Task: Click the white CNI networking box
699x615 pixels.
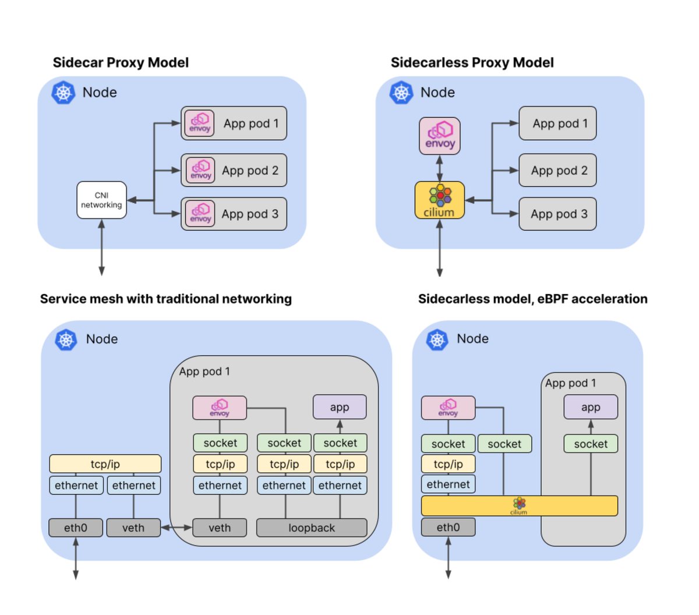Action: [x=101, y=200]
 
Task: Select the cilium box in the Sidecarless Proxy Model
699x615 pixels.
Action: [x=439, y=200]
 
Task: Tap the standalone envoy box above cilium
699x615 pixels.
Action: [x=440, y=136]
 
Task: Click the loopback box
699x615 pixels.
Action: [x=312, y=528]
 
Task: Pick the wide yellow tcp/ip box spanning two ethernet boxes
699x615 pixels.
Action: [x=105, y=464]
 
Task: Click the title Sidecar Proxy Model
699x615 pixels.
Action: [x=121, y=62]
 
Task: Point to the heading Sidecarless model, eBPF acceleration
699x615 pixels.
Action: [x=532, y=299]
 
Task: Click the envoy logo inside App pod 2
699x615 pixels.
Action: [x=201, y=170]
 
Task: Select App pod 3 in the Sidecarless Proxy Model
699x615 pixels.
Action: [x=557, y=214]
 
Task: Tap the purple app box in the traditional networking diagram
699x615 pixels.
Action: [x=340, y=407]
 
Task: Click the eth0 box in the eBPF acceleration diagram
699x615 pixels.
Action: [x=448, y=527]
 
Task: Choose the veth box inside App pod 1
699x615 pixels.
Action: [x=220, y=528]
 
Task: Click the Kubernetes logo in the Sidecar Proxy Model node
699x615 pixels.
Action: [x=63, y=93]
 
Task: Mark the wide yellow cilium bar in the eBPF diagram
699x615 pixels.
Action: [x=519, y=506]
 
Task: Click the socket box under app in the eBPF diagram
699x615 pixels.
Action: [x=591, y=444]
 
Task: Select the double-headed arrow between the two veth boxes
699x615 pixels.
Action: [x=176, y=528]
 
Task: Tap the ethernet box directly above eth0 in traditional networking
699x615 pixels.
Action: [x=76, y=485]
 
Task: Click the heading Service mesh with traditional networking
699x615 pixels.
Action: [x=166, y=299]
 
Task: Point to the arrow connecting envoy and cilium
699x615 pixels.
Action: [x=440, y=168]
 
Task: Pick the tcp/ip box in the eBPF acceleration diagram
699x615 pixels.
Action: [x=448, y=464]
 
